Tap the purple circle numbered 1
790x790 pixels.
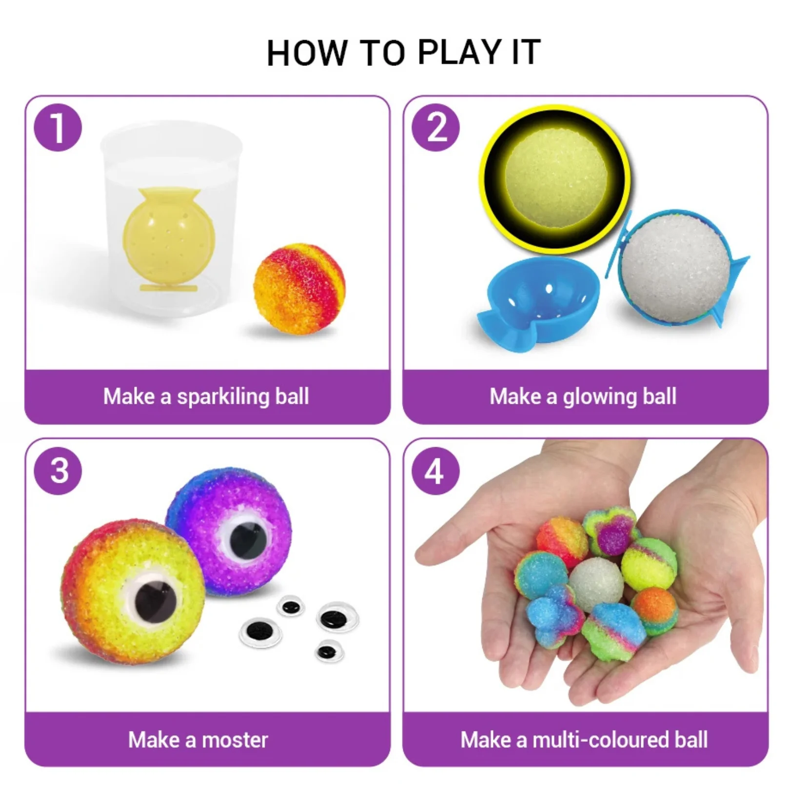[58, 128]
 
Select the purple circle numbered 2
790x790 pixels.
[435, 128]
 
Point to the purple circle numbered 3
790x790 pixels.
[58, 471]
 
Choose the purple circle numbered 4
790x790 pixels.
[435, 471]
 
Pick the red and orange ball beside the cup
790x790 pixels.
[299, 289]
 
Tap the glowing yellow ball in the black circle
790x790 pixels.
[555, 178]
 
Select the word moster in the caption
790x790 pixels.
[235, 740]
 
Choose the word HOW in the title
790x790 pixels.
[307, 52]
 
